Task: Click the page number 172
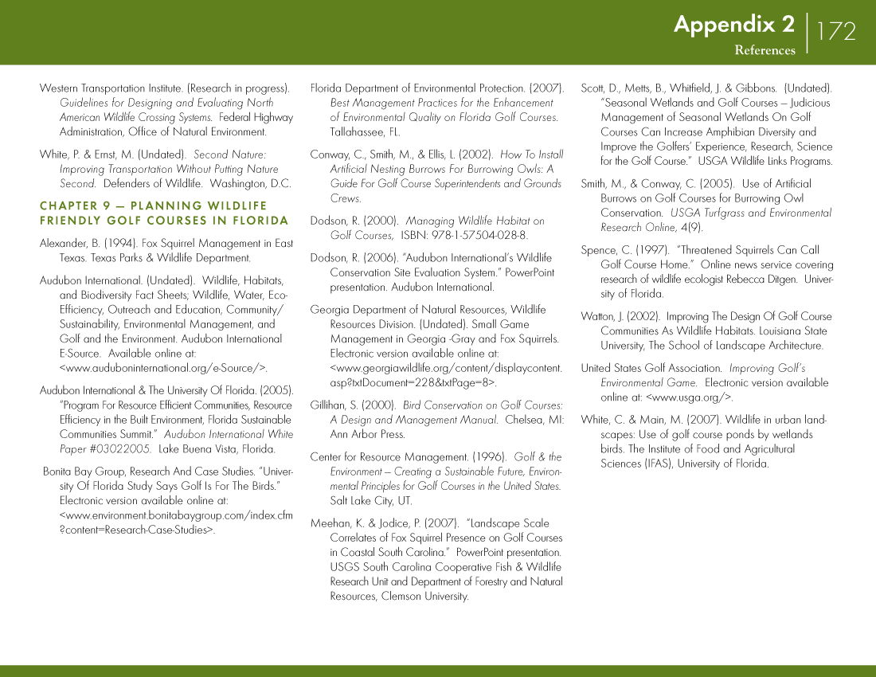pyautogui.click(x=836, y=32)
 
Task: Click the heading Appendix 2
pyautogui.click(x=733, y=25)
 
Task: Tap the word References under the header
pyautogui.click(x=765, y=50)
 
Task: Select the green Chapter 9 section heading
pyautogui.click(x=164, y=213)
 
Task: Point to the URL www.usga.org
pyautogui.click(x=690, y=397)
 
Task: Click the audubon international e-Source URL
pyautogui.click(x=163, y=368)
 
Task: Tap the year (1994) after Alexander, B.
pyautogui.click(x=121, y=244)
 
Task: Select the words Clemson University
pyautogui.click(x=425, y=597)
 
